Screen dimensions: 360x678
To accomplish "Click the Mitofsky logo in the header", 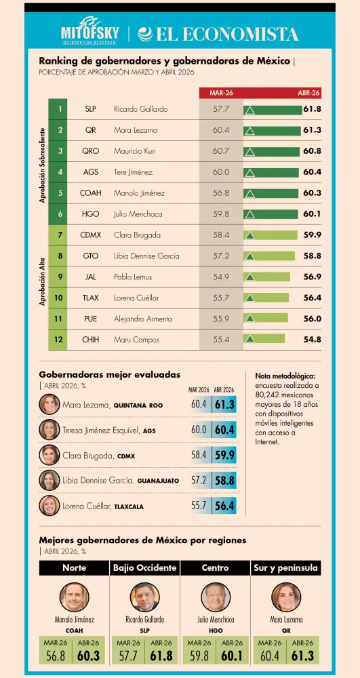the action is [89, 32].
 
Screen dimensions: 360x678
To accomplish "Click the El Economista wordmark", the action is [218, 34].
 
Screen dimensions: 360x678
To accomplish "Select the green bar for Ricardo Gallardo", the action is [273, 110].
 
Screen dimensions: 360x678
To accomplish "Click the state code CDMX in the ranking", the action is [91, 235].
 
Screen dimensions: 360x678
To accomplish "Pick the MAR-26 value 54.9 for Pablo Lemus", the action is [221, 277].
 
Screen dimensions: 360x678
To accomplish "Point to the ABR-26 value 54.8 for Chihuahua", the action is [312, 340].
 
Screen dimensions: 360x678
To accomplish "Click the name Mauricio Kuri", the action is [135, 151].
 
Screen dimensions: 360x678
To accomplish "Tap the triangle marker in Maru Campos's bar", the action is [249, 338].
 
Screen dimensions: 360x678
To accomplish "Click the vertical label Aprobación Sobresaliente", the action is [42, 165].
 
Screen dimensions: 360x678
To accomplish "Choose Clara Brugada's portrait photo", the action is [49, 455].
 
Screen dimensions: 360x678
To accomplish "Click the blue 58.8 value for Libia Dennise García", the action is [224, 481].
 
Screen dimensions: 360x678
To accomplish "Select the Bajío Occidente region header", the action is [145, 567].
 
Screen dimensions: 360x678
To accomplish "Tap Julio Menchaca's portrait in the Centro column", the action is [215, 597].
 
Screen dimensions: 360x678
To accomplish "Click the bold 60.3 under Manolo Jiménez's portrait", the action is [88, 656].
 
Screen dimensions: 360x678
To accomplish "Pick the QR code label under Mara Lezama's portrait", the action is [286, 631].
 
